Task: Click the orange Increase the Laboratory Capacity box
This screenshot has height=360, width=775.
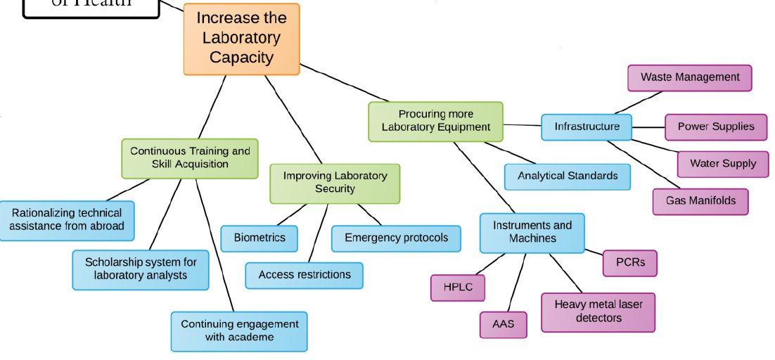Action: click(241, 39)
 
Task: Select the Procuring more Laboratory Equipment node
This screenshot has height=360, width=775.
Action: click(435, 121)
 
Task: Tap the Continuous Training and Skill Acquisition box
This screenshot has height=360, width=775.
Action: click(190, 157)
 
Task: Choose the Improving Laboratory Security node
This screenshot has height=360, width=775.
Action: click(335, 183)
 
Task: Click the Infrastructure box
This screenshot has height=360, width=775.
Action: click(587, 127)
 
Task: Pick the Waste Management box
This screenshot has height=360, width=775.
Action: click(689, 77)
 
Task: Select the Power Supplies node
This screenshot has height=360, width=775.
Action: click(715, 127)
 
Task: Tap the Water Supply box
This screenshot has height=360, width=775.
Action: click(722, 163)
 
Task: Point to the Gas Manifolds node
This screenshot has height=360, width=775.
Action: click(700, 201)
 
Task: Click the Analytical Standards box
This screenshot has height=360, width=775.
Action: click(567, 176)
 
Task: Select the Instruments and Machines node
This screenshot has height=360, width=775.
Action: click(532, 232)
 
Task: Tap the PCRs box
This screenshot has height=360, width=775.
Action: click(629, 262)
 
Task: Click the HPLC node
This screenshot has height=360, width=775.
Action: click(458, 287)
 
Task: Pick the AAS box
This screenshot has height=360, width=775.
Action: click(503, 324)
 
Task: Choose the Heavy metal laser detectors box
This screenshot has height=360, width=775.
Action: click(598, 311)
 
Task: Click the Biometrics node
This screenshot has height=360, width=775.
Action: click(260, 238)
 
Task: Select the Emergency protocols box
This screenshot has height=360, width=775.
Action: click(396, 238)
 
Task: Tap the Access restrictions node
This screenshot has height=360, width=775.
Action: click(304, 275)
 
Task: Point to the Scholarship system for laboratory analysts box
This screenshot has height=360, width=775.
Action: click(141, 269)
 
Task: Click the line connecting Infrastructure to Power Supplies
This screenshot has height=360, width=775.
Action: click(648, 127)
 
